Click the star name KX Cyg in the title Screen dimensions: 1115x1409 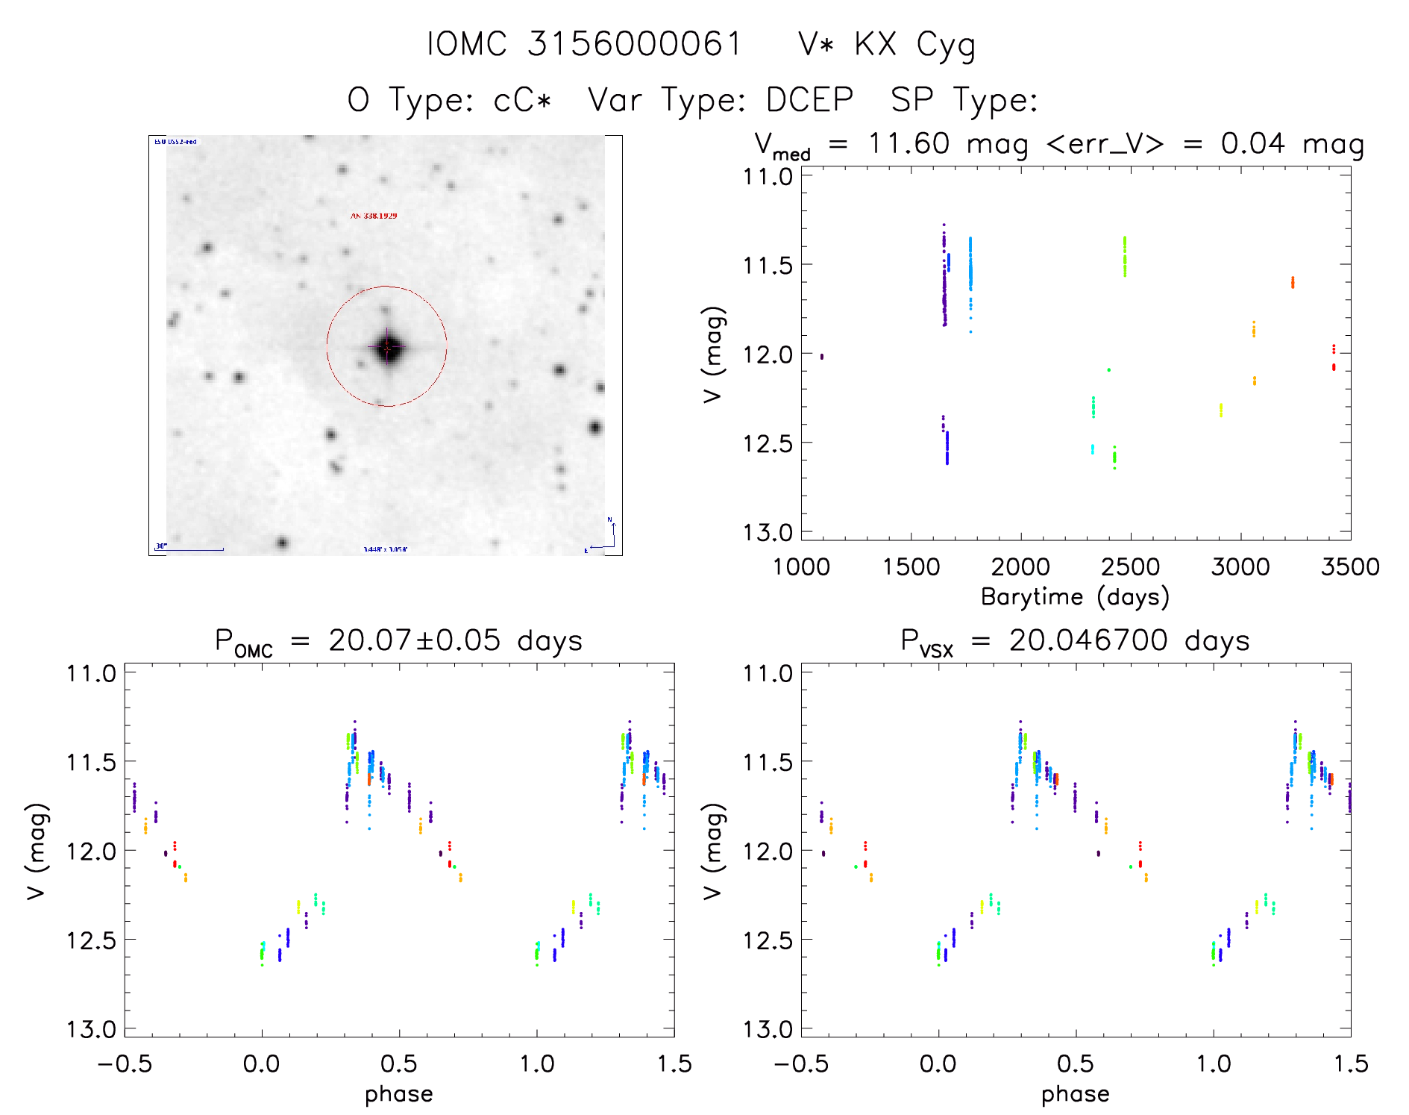click(x=914, y=45)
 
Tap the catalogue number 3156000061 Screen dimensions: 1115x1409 click(x=635, y=44)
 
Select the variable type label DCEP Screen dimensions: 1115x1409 click(x=809, y=100)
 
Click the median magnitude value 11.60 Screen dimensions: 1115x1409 click(x=909, y=143)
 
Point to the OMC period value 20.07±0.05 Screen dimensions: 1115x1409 click(x=414, y=640)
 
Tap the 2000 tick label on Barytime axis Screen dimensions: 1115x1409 click(x=1020, y=567)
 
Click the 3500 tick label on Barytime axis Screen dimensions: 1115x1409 click(x=1349, y=567)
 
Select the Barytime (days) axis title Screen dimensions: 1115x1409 click(x=1075, y=597)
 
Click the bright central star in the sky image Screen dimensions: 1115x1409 click(x=387, y=347)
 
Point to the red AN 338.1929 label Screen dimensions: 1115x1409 click(x=374, y=216)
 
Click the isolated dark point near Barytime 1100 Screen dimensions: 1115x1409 click(x=822, y=357)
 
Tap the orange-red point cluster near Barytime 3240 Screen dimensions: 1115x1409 click(x=1293, y=282)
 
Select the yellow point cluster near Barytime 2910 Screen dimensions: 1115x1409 click(x=1221, y=410)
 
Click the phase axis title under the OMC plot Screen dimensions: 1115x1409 click(x=398, y=1094)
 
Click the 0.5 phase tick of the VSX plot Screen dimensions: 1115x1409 click(x=1076, y=1064)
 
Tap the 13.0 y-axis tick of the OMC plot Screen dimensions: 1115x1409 click(x=91, y=1029)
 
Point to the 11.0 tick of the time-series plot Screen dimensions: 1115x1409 click(x=768, y=177)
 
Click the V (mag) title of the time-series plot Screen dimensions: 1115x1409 click(x=713, y=355)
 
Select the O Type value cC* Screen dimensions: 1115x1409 click(x=522, y=100)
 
